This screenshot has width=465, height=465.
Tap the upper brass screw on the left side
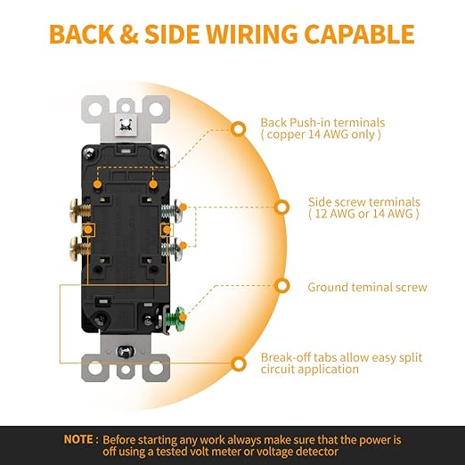pyautogui.click(x=80, y=210)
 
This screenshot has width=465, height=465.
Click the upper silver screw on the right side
pyautogui.click(x=170, y=210)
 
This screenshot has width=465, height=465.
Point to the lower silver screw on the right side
pyautogui.click(x=170, y=249)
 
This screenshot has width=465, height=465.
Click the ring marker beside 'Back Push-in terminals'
pyautogui.click(x=238, y=129)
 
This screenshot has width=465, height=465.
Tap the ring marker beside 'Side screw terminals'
pyautogui.click(x=281, y=207)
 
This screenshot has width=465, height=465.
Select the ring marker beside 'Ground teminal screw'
pyautogui.click(x=281, y=286)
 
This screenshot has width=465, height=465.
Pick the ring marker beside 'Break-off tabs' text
pyautogui.click(x=238, y=363)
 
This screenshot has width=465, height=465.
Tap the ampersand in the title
pyautogui.click(x=129, y=34)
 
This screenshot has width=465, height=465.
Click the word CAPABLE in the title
pyautogui.click(x=360, y=34)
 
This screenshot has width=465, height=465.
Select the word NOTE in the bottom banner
pyautogui.click(x=78, y=439)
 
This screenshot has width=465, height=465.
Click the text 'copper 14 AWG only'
pyautogui.click(x=321, y=135)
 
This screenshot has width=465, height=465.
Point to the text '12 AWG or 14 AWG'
pyautogui.click(x=363, y=214)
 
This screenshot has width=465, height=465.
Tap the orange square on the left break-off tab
pyautogui.click(x=88, y=230)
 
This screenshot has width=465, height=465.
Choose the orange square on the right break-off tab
pyautogui.click(x=167, y=230)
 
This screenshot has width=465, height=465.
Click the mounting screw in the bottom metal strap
pyautogui.click(x=126, y=352)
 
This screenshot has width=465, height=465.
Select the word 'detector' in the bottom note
pyautogui.click(x=316, y=452)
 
